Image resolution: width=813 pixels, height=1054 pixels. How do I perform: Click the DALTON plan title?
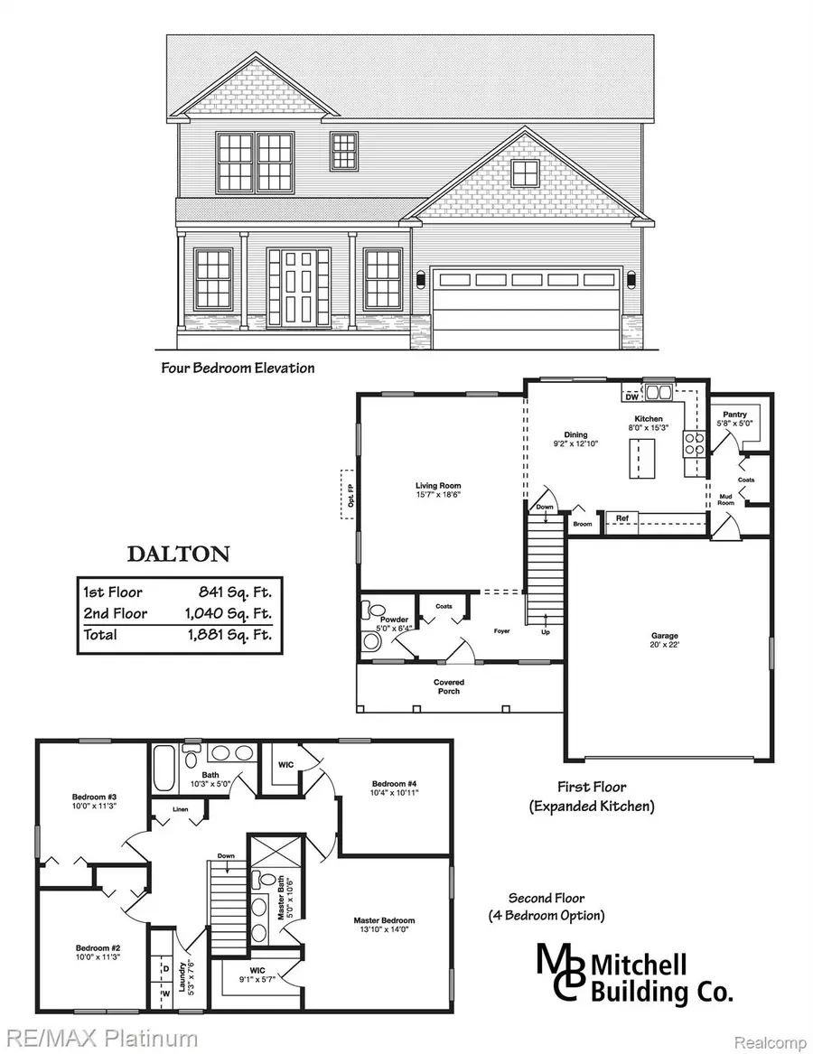178,554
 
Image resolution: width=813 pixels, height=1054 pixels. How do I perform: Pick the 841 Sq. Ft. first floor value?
236,592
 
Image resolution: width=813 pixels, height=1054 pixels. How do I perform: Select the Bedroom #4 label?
395,788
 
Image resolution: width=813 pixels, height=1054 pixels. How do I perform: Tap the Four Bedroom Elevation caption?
238,368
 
